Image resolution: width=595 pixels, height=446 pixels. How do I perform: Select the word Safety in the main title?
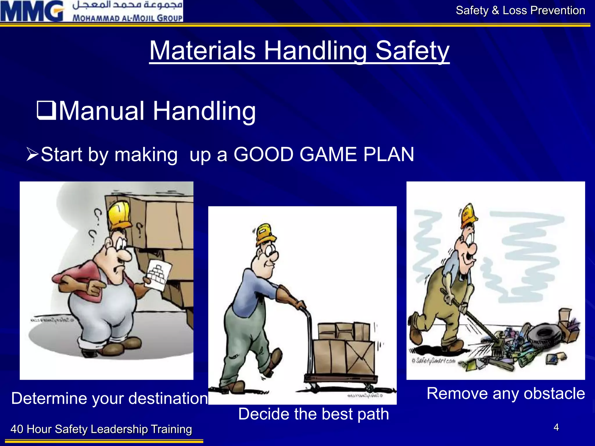click(x=412, y=51)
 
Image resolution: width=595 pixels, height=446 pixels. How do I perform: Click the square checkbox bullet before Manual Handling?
click(x=46, y=110)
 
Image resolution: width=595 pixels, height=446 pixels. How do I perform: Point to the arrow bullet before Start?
click(x=32, y=154)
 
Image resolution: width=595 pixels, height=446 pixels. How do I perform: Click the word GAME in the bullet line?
click(x=328, y=154)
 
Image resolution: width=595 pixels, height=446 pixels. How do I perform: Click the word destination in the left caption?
click(x=168, y=398)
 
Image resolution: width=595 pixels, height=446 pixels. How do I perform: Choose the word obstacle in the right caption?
click(x=554, y=393)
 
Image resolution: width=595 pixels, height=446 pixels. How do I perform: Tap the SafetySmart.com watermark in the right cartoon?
click(x=433, y=361)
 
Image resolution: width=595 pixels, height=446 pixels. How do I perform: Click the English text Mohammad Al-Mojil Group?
click(x=127, y=18)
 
